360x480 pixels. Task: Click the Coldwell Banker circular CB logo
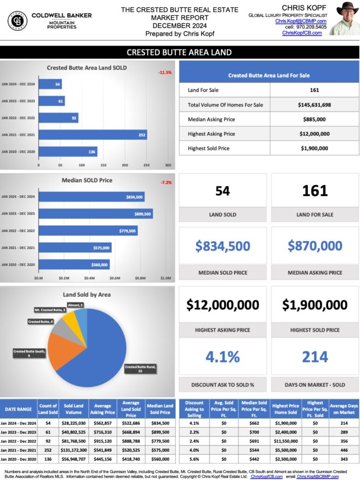point(17,21)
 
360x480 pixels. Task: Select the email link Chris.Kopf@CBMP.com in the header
point(300,21)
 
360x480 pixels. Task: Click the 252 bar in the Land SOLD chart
point(93,135)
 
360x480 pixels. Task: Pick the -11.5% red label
point(165,73)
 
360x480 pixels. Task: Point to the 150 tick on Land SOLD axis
point(103,165)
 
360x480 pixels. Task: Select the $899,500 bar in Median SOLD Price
point(95,214)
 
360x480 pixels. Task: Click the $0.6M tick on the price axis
point(115,278)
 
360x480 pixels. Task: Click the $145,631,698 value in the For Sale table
point(314,105)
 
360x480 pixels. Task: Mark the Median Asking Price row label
point(211,119)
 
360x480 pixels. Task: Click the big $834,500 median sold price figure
point(223,246)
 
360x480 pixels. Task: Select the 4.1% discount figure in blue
point(223,357)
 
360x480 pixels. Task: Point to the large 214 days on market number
point(315,357)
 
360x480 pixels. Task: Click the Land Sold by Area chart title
point(87,295)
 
